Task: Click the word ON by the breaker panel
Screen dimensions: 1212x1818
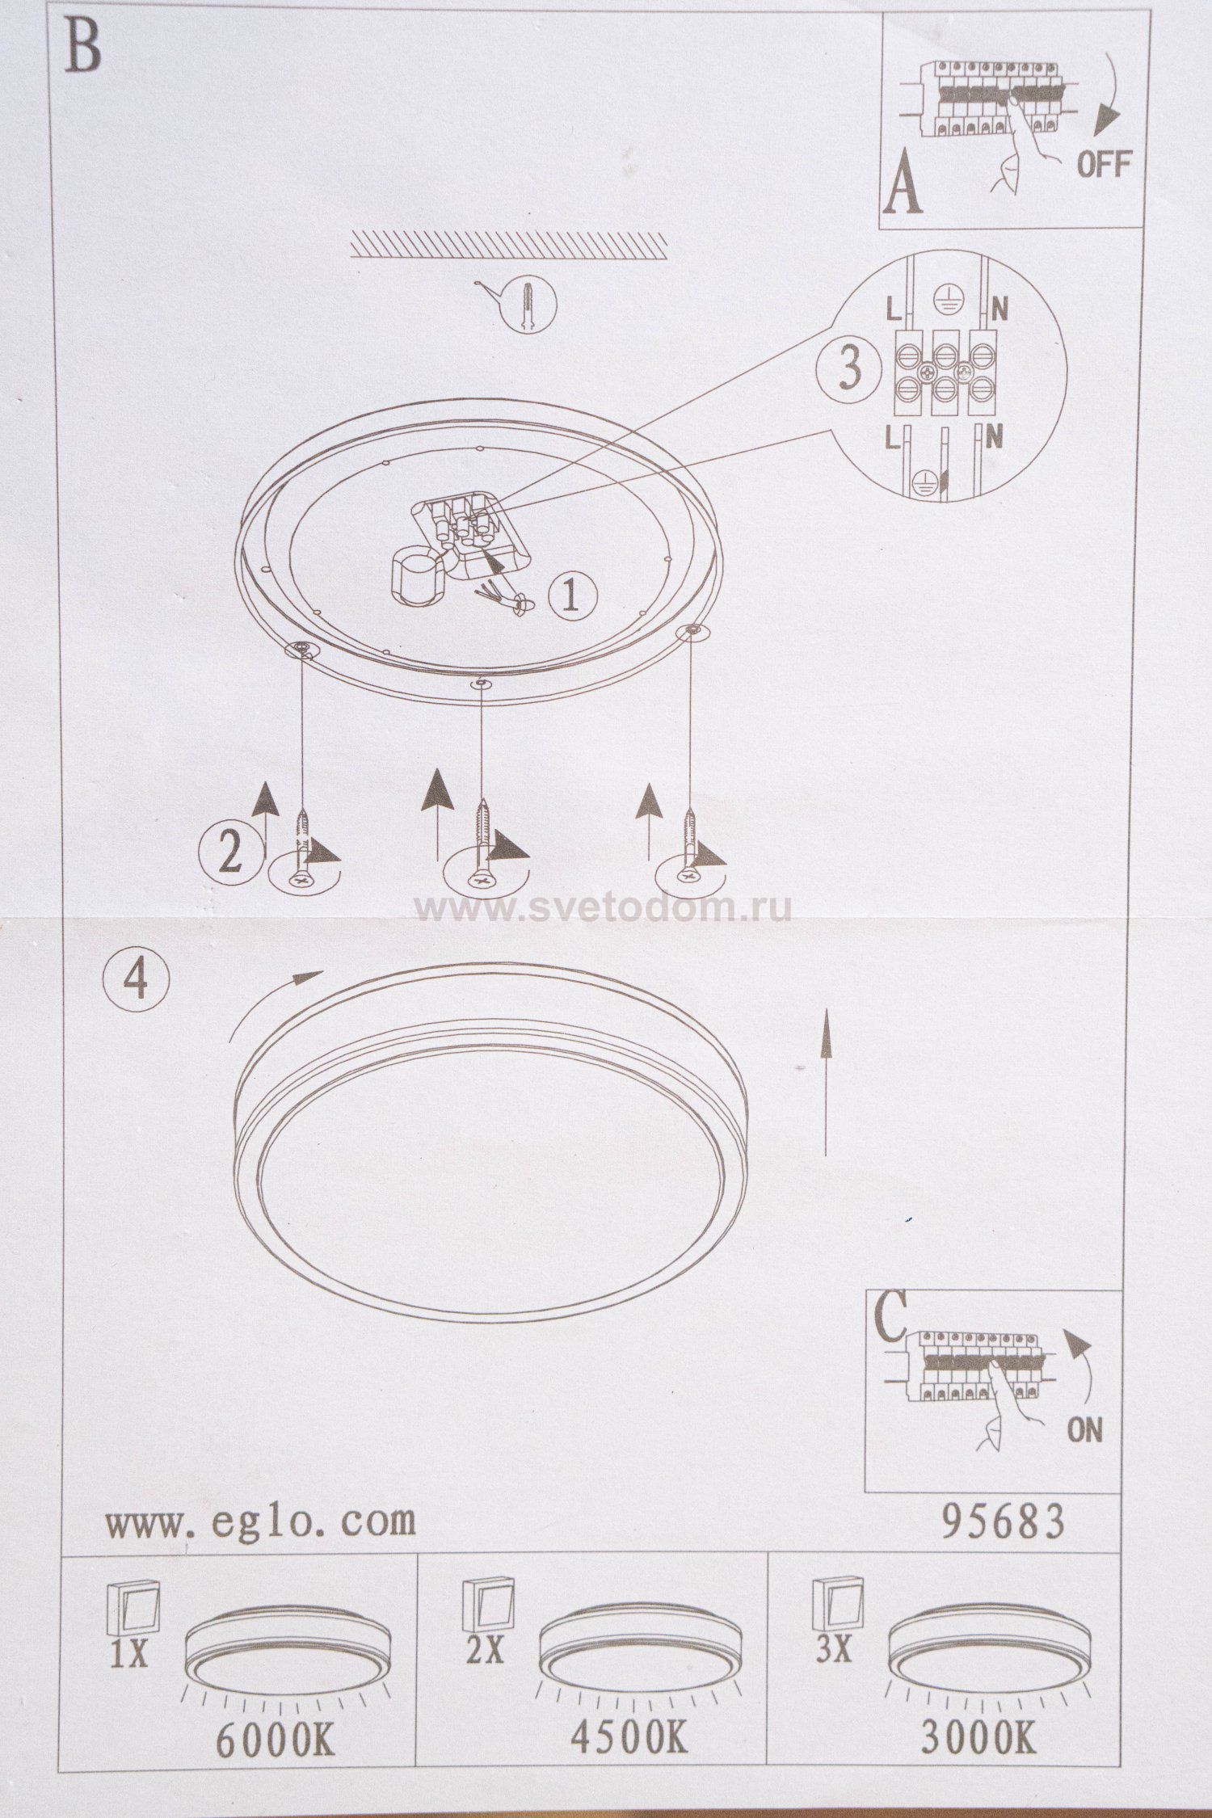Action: point(1084,1429)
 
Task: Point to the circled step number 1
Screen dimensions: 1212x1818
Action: point(573,596)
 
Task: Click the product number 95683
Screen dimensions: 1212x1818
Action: point(1003,1521)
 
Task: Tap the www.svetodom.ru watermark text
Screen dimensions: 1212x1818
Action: point(604,909)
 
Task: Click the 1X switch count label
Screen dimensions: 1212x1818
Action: point(128,1656)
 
